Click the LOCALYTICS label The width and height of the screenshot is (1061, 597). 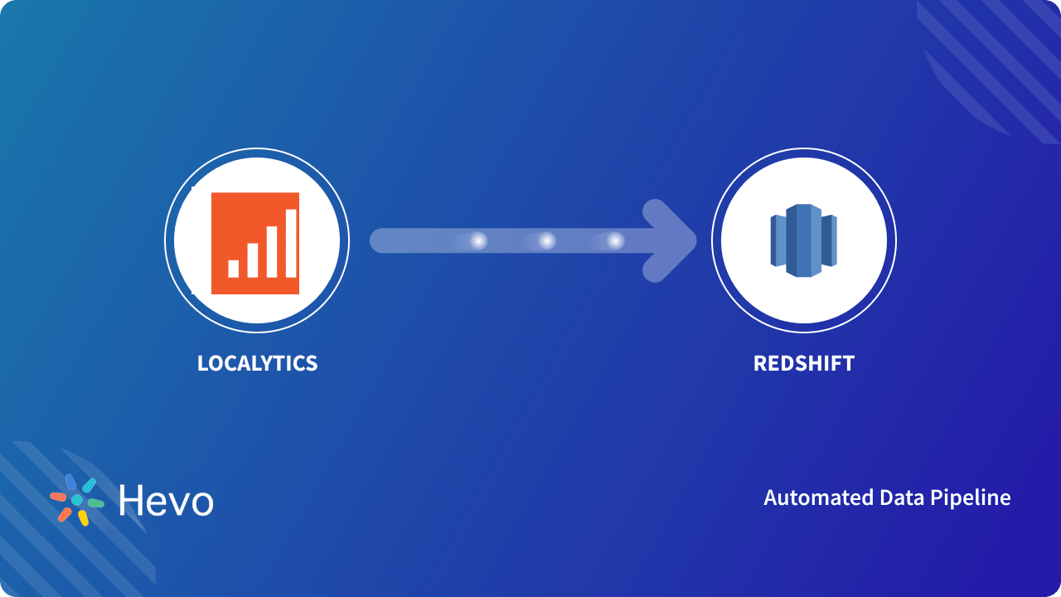[x=257, y=363]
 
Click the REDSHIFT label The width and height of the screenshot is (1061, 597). [x=803, y=363]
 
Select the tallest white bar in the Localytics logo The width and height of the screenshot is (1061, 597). [x=291, y=242]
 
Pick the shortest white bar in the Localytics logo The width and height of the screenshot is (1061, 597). [x=234, y=268]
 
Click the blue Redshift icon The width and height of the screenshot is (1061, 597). [x=803, y=240]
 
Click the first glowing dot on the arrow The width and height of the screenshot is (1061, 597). [x=478, y=241]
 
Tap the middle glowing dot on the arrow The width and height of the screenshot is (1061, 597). [x=546, y=241]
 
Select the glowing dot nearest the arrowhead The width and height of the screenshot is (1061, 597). [x=614, y=241]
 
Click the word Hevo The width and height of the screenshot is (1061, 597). [x=166, y=500]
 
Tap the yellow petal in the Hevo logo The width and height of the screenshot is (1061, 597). [x=83, y=518]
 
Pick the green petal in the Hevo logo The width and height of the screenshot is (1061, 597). [x=95, y=503]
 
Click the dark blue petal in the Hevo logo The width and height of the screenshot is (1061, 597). [x=70, y=482]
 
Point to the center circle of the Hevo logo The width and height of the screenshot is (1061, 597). [x=77, y=500]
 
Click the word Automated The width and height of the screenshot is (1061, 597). [x=807, y=498]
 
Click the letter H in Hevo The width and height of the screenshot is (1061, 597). [x=131, y=500]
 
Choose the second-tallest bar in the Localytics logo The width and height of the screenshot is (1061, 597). [x=272, y=250]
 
